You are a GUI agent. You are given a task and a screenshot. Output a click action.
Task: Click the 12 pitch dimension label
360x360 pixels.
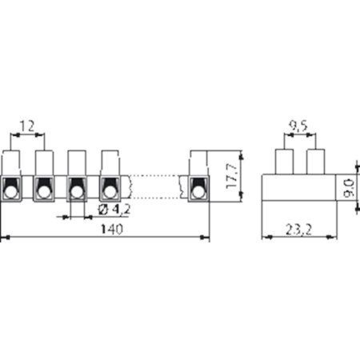point(27,126)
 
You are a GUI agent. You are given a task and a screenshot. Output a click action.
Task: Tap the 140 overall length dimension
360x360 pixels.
point(112,229)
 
